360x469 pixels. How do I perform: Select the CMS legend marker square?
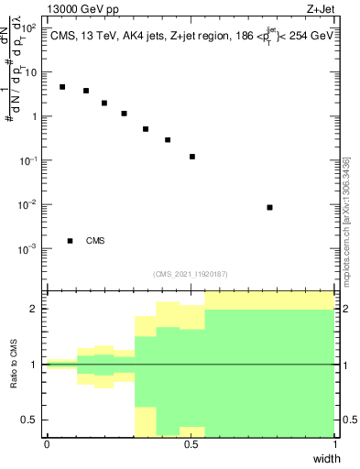pyautogui.click(x=70, y=241)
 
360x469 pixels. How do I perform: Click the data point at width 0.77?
pyautogui.click(x=269, y=208)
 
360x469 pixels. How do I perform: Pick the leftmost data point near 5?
pyautogui.click(x=62, y=87)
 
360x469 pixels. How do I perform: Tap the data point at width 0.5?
pyautogui.click(x=192, y=157)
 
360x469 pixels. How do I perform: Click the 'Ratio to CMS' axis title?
pyautogui.click(x=14, y=365)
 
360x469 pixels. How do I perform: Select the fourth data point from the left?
pyautogui.click(x=124, y=114)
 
